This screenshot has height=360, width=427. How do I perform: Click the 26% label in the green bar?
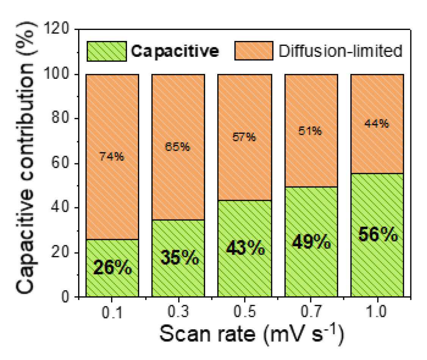pos(113,267)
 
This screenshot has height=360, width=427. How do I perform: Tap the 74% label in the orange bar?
pos(111,157)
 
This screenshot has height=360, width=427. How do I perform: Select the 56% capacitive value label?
pos(378,234)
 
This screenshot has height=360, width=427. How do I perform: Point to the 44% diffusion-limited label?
pos(377,124)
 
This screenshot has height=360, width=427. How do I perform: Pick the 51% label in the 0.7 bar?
pos(310,131)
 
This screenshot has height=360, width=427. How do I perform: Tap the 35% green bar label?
pos(180,257)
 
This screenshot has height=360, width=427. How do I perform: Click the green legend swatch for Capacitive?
pos(107,51)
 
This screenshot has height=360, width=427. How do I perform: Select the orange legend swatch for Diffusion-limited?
pos(254,51)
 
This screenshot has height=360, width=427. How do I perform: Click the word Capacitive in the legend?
pos(175,51)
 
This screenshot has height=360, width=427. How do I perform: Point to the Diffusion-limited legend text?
pos(341,51)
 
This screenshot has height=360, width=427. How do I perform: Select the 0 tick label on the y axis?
pos(65,296)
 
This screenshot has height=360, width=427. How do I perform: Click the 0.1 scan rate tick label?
pos(112,312)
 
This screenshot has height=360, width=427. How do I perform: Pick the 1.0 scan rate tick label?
pos(376,311)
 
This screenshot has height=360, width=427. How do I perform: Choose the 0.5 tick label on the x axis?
pos(245,311)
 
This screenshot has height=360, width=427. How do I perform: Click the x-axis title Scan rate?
pos(207,334)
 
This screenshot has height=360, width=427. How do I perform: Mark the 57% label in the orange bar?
pos(244,137)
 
